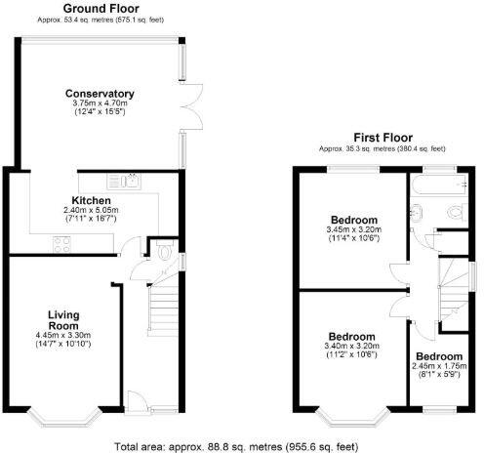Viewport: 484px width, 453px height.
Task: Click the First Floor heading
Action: pos(382,138)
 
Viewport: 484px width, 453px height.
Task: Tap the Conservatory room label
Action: pos(100,94)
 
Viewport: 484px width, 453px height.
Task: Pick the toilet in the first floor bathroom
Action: pos(453,214)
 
